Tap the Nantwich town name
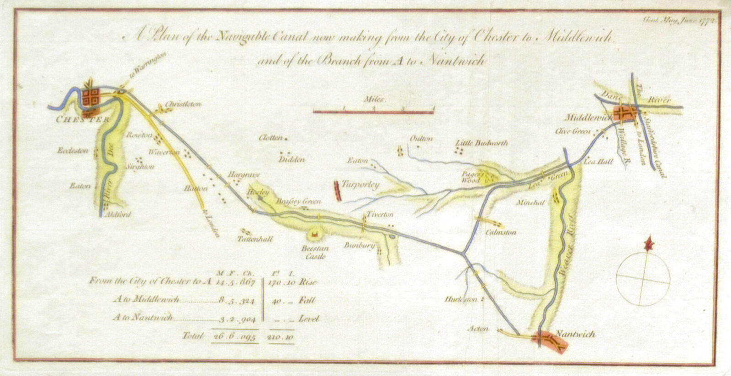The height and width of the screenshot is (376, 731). pyautogui.click(x=576, y=334)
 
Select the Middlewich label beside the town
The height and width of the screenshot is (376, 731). pyautogui.click(x=588, y=117)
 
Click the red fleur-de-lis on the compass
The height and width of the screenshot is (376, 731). pyautogui.click(x=647, y=245)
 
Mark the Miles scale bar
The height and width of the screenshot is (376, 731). pyautogui.click(x=373, y=111)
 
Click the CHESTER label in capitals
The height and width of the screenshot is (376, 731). pyautogui.click(x=82, y=120)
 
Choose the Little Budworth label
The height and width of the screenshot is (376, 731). pyautogui.click(x=482, y=143)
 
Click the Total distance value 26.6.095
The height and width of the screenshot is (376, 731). pyautogui.click(x=234, y=336)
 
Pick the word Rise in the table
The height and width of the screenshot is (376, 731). pyautogui.click(x=308, y=282)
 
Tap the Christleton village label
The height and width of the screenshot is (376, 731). pyautogui.click(x=183, y=104)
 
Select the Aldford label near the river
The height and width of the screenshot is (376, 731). pyautogui.click(x=117, y=214)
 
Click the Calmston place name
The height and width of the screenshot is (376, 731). pyautogui.click(x=501, y=232)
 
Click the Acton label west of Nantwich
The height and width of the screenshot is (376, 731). pyautogui.click(x=478, y=329)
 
